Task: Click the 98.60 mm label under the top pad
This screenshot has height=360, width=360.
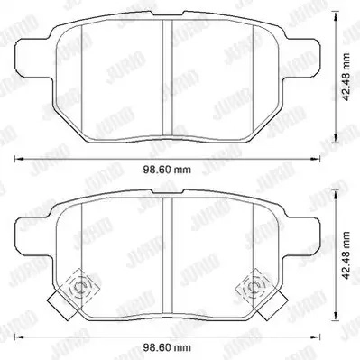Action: [166, 170]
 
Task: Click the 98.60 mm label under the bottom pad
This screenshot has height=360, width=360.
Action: [166, 348]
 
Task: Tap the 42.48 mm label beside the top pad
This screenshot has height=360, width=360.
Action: [346, 78]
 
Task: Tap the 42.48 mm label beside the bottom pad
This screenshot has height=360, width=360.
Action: [346, 255]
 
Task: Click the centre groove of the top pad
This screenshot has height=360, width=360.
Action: [167, 78]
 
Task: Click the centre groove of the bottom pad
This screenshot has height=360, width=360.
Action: [167, 255]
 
